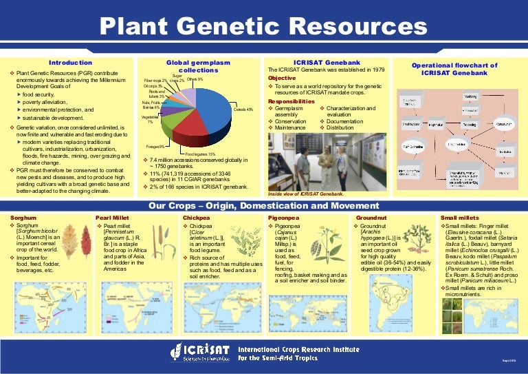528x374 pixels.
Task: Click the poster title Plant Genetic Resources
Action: tap(264, 27)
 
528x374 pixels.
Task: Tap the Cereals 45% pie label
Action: tap(244, 110)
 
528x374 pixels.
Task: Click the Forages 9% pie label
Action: tap(155, 146)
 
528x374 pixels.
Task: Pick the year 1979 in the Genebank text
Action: tap(393, 70)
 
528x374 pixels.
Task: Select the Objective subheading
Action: tap(282, 78)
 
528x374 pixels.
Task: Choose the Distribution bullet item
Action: tap(341, 127)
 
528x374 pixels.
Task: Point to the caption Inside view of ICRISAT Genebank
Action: tap(306, 194)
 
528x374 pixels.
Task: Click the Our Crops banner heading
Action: tap(263, 205)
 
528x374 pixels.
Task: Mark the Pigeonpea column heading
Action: tap(283, 216)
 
